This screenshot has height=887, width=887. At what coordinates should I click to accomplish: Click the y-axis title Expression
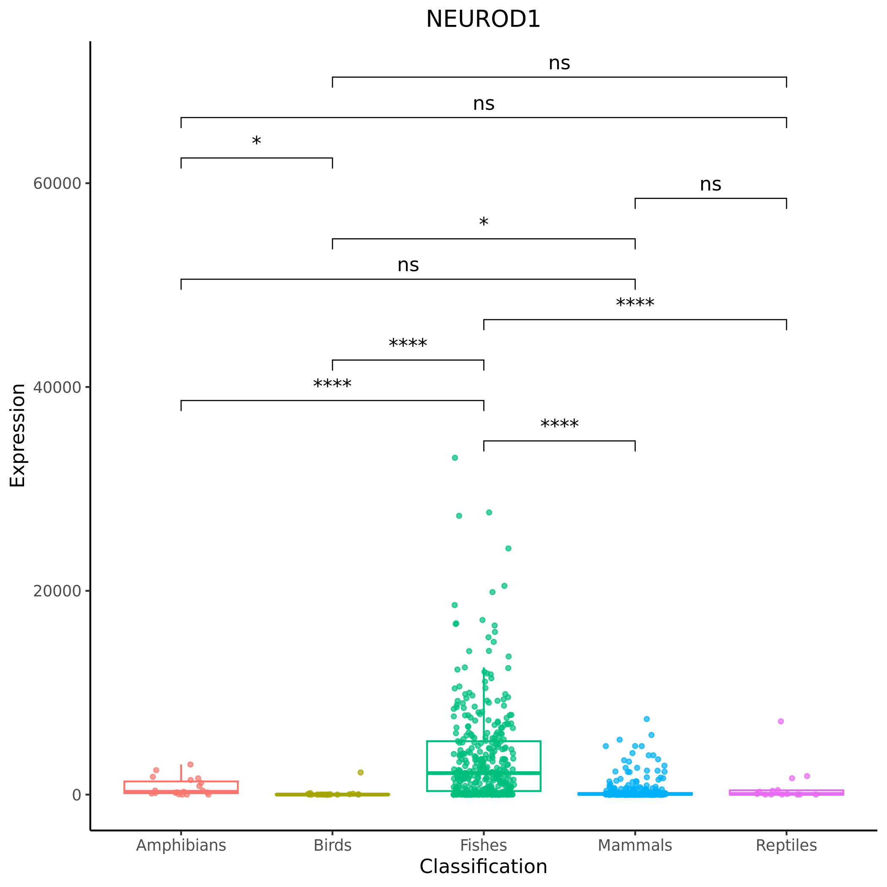coord(18,435)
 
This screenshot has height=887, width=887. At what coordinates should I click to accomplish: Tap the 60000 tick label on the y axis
coord(57,184)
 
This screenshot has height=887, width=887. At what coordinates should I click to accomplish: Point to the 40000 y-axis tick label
coord(57,387)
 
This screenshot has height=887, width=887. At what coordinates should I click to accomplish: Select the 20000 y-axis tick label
coord(57,591)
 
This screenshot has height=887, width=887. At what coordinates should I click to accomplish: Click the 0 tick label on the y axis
coord(77,795)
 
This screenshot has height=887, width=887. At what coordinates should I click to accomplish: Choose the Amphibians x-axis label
coord(181,845)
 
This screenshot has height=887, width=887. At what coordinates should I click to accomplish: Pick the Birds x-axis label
coord(332,845)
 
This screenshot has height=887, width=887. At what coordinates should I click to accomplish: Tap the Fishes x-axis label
coord(484,845)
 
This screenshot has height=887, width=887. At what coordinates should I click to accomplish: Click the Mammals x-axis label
coord(635,845)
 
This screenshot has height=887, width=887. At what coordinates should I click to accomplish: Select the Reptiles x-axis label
coord(786,845)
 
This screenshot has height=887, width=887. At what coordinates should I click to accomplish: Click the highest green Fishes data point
coord(454,458)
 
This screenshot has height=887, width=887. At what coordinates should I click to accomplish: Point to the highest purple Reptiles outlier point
coord(781,721)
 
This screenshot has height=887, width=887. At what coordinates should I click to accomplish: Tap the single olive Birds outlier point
coord(360,772)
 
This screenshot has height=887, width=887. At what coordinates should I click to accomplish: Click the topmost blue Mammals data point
coord(646,719)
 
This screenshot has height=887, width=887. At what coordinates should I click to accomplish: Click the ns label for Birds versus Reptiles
coord(559,63)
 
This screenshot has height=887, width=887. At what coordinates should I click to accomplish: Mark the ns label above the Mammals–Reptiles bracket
coord(710,185)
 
